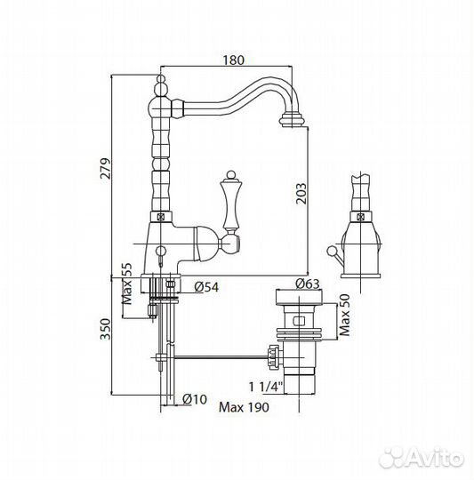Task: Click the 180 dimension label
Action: click(233, 60)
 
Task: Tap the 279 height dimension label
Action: click(106, 168)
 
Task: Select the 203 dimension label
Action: click(301, 194)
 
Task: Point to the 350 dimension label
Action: click(106, 329)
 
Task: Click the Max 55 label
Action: click(127, 284)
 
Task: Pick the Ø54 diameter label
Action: click(206, 287)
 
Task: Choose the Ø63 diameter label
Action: click(308, 284)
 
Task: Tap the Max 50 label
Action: click(345, 315)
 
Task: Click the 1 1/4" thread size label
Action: click(265, 387)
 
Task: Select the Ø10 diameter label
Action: click(195, 399)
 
